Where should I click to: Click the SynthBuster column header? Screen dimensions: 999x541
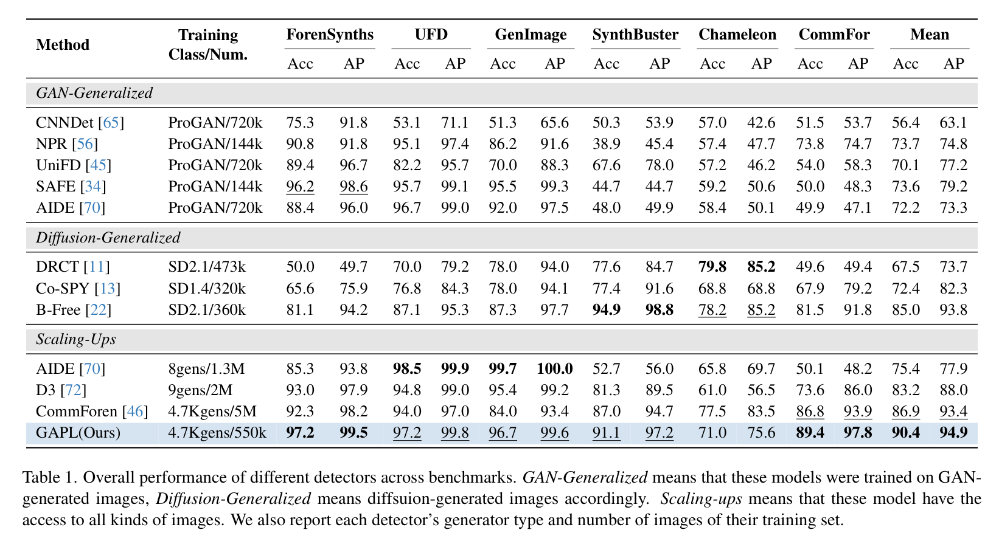pos(635,34)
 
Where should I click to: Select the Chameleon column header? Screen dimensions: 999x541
pos(737,34)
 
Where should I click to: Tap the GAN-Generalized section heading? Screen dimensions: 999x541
pos(94,92)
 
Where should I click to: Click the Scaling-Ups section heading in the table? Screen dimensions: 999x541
pos(76,339)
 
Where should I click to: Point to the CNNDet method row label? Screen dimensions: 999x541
pos(80,123)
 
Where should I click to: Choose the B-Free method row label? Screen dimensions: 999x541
pos(74,310)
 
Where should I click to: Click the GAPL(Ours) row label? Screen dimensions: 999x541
pos(78,433)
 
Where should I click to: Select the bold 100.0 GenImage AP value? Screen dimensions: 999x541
pos(554,368)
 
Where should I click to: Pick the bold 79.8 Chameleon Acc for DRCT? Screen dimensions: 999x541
pos(712,266)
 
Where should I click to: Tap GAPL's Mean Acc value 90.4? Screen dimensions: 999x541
pos(905,433)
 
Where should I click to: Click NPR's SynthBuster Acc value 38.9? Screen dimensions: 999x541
pos(606,144)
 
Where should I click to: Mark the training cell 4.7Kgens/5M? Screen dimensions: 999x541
pos(212,412)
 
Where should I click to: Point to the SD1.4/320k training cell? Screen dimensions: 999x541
pos(207,288)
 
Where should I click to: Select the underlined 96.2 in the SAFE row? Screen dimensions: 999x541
pos(300,186)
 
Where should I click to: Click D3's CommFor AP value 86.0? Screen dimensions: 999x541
pos(858,390)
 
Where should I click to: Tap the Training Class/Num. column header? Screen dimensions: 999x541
pos(208,44)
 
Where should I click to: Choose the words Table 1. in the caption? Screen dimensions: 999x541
pos(49,477)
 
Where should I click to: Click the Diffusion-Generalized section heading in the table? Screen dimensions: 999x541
pos(108,238)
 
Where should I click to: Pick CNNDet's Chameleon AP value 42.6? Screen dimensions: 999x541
pos(761,123)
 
